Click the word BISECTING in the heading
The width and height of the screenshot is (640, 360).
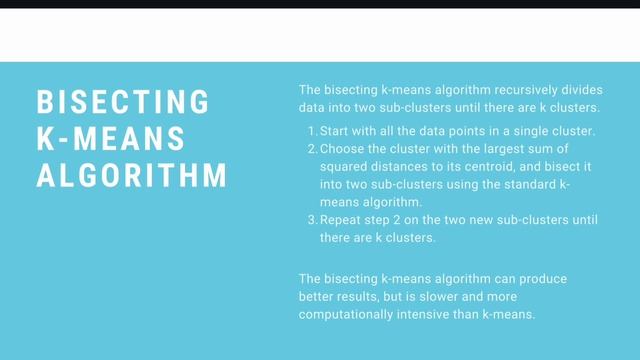coord(123,102)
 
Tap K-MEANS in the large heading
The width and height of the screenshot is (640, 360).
coord(111,139)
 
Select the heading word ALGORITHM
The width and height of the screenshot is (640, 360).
coord(132,176)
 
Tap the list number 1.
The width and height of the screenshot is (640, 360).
coord(311,131)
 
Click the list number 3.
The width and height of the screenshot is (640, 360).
coord(311,220)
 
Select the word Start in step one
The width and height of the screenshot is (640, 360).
coord(337,131)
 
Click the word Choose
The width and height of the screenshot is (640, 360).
coord(346,150)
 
